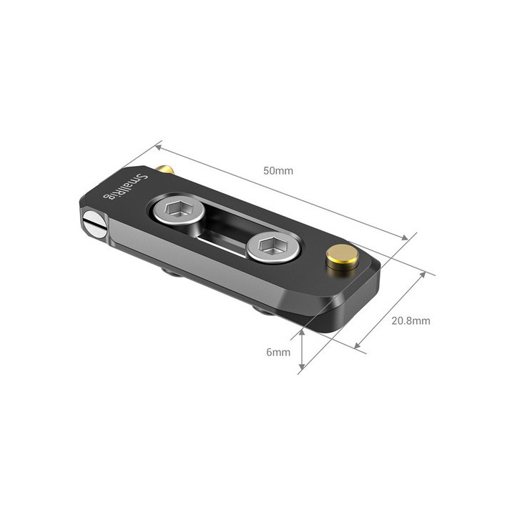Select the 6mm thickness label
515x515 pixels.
[279, 352]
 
